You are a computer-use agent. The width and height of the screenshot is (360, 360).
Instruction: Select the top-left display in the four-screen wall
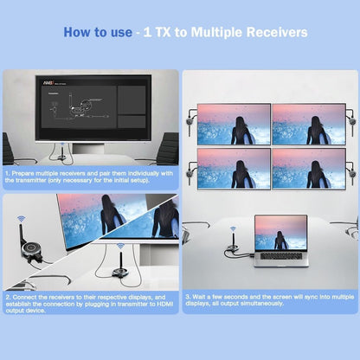coord(232,123)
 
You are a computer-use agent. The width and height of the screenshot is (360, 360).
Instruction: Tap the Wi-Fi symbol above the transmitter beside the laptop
coord(235,220)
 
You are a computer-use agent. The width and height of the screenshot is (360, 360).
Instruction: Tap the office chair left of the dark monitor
coord(14,149)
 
